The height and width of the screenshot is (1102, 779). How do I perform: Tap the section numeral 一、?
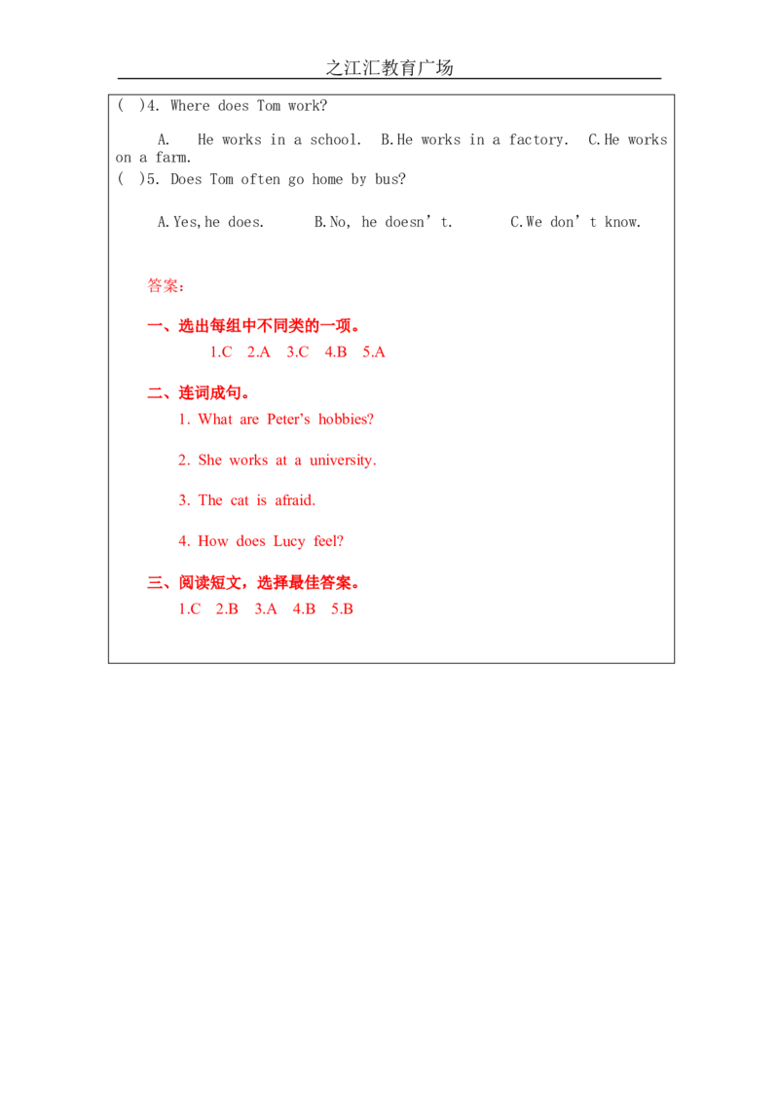[156, 326]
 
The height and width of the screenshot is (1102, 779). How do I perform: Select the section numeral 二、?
[156, 393]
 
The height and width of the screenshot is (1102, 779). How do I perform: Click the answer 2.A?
[258, 351]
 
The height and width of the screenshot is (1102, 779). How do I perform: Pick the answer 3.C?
[296, 351]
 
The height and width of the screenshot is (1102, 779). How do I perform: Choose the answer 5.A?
[374, 351]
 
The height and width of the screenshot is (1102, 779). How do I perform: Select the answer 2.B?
[227, 608]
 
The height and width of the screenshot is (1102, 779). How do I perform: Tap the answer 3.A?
[265, 608]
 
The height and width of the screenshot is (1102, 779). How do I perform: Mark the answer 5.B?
[343, 608]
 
